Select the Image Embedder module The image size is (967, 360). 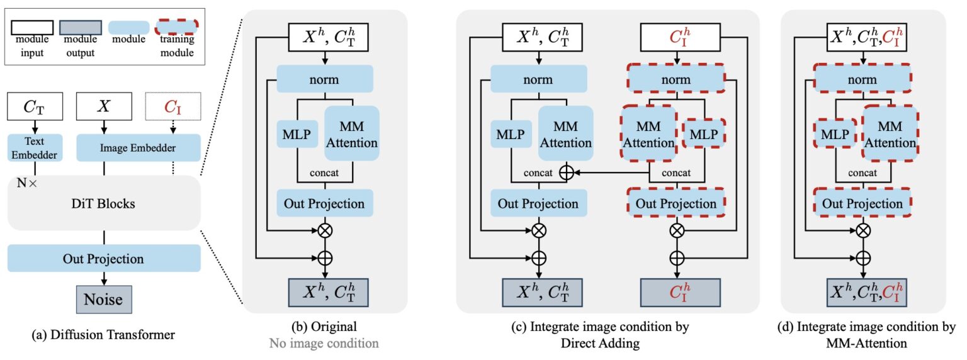point(138,147)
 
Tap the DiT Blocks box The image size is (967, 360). point(104,204)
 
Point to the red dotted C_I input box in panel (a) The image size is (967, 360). point(172,107)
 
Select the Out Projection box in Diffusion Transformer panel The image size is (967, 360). point(104,259)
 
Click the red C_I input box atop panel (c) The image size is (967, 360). point(677,40)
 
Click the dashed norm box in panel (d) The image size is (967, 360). point(862,80)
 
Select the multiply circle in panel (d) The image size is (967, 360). point(866,230)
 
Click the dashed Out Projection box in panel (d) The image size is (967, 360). point(862,203)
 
